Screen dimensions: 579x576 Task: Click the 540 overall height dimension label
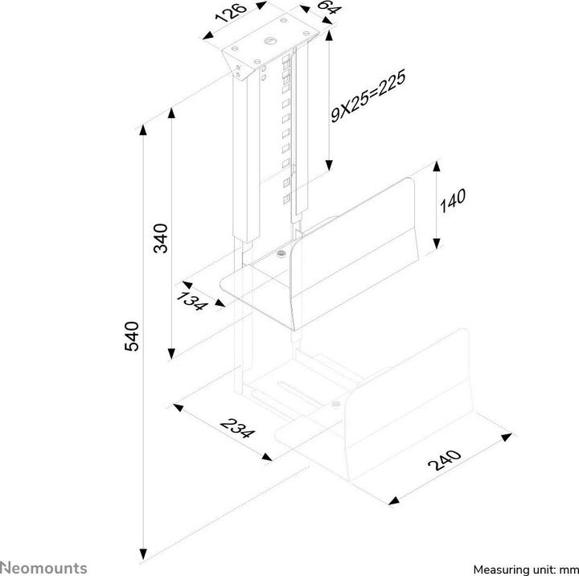click(133, 335)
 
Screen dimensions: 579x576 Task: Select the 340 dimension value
click(161, 239)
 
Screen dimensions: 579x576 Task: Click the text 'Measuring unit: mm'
click(524, 568)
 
